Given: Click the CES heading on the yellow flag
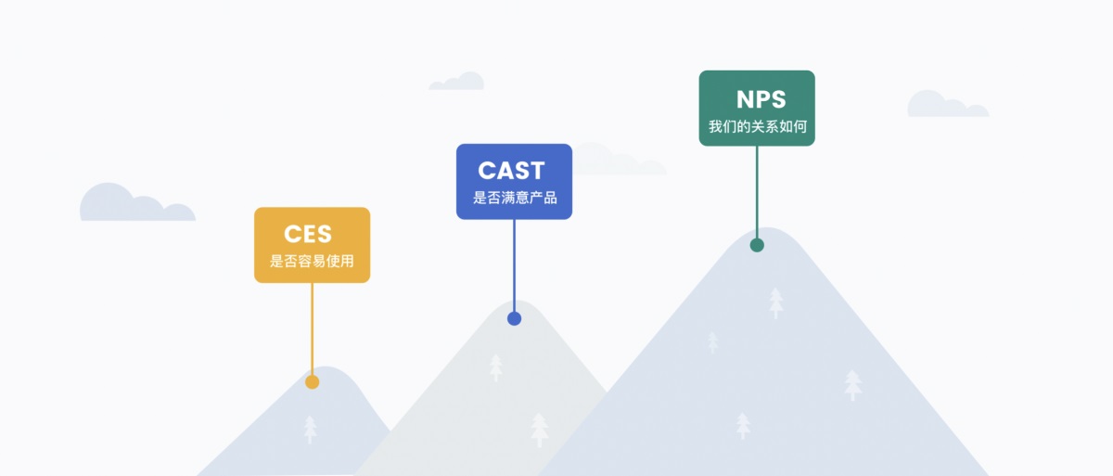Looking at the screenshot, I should point(308,235).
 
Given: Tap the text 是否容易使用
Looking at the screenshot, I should point(312,261).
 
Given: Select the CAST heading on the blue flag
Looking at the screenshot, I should point(511,171).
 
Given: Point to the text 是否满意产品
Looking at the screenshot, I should point(515,198).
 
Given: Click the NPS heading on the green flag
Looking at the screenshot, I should point(761,99).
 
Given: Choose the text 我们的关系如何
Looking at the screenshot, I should point(757,126).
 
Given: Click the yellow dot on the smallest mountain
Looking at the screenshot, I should point(313,382).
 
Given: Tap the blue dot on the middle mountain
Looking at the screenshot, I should point(515,318).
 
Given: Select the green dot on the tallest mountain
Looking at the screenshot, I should point(757,245).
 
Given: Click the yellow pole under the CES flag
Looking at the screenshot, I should point(313,328).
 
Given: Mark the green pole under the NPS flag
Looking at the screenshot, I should point(757,190).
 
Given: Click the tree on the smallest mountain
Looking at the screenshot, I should point(310,429).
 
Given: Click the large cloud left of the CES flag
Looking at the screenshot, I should point(135,204).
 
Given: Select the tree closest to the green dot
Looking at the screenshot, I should point(776,302).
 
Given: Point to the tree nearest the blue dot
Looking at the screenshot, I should point(496,367).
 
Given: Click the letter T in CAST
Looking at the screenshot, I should point(535,171).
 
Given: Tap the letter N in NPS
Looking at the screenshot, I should point(745,99).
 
